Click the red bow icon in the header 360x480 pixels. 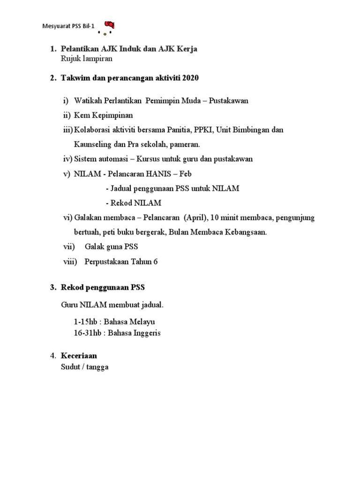pyautogui.click(x=109, y=25)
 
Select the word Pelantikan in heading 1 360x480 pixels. pyautogui.click(x=79, y=49)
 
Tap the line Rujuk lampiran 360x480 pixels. pyautogui.click(x=87, y=59)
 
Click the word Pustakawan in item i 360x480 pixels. pyautogui.click(x=228, y=101)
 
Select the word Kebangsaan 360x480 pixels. pyautogui.click(x=246, y=232)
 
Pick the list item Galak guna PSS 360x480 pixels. pyautogui.click(x=111, y=247)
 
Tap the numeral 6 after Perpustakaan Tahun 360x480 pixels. pyautogui.click(x=156, y=262)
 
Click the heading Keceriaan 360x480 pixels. pyautogui.click(x=79, y=356)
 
